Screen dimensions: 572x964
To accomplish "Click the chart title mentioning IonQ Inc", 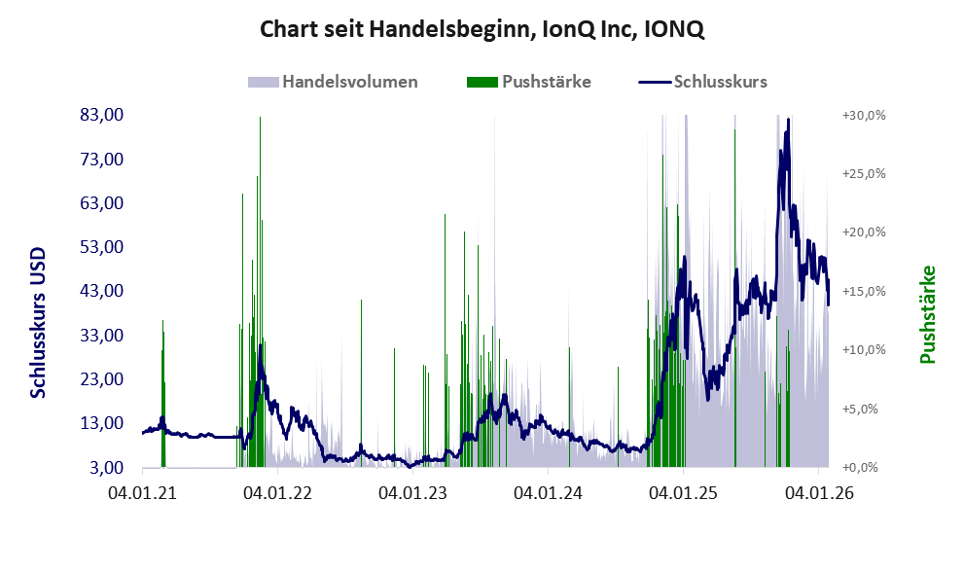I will click(482, 30).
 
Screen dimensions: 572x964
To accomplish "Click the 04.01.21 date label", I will click(142, 493).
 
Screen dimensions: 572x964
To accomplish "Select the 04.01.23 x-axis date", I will click(413, 493).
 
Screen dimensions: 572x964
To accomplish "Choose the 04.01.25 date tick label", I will click(685, 493).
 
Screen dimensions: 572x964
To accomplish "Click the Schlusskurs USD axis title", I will click(39, 320).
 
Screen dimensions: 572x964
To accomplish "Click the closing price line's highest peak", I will click(787, 123).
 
